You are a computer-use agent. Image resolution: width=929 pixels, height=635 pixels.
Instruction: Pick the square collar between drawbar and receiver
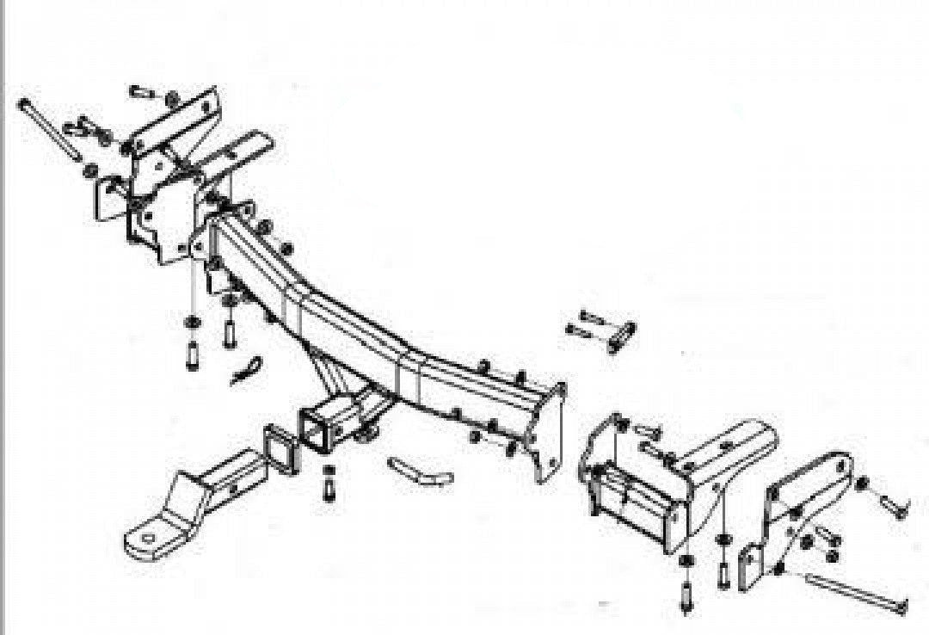[281, 448]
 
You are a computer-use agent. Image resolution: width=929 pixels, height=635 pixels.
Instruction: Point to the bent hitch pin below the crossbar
[421, 472]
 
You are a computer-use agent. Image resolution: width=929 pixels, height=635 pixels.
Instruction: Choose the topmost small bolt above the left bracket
[142, 90]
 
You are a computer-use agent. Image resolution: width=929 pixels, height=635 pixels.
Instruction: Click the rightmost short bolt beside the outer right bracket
[891, 506]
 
